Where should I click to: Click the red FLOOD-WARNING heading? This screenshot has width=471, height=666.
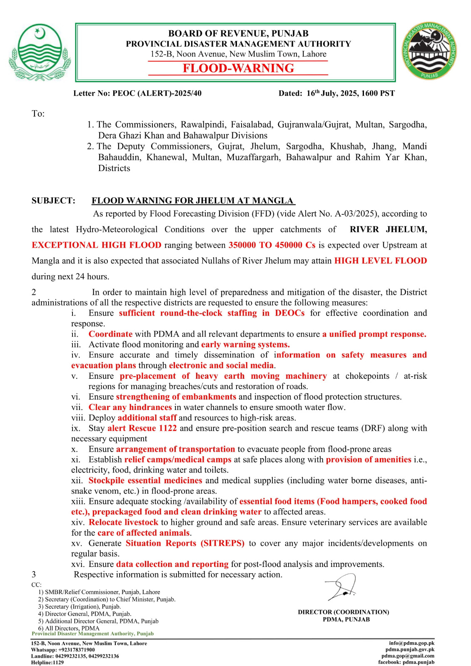pos(238,68)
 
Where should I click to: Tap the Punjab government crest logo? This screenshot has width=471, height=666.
pos(40,52)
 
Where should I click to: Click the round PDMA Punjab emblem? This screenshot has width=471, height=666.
pos(429,52)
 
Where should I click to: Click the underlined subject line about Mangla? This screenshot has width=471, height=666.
pos(193,201)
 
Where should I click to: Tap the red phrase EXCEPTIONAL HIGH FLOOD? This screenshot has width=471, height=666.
pos(96,245)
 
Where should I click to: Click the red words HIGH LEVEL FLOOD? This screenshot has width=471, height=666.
pos(381,261)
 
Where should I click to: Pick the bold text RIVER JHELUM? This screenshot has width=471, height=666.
pos(388,229)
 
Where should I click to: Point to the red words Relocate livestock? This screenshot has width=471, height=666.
pos(123,522)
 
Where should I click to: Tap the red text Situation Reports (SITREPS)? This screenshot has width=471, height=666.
pos(185,543)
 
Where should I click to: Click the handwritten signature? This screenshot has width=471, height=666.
pos(342,587)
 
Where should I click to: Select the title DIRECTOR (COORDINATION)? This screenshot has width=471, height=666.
pos(343,612)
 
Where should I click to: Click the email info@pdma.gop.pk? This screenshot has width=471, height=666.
pos(411,643)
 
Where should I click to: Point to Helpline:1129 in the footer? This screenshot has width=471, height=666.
pos(47,662)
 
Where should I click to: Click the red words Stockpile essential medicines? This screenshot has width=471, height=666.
pos(145,480)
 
